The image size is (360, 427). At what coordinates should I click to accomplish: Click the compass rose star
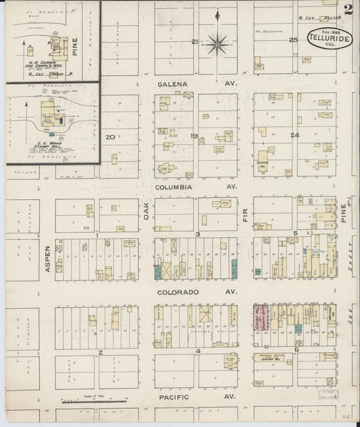pos(217,45)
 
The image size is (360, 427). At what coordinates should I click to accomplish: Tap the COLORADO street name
pos(178,293)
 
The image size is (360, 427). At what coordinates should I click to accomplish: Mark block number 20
pos(110,137)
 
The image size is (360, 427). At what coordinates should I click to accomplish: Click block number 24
pos(294,136)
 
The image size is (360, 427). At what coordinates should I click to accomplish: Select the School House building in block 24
pos(263,162)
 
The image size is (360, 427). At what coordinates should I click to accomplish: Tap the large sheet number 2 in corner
pos(349,9)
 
